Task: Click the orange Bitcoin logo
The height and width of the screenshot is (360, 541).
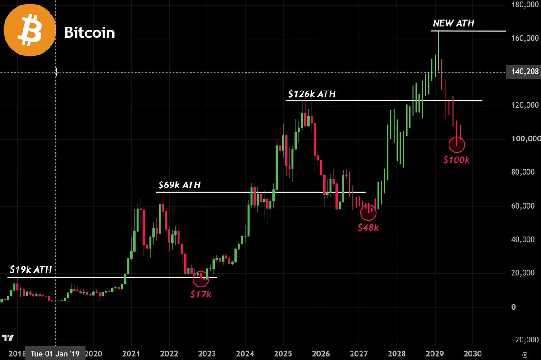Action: pyautogui.click(x=30, y=30)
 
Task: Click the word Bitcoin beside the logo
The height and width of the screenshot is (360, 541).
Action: pyautogui.click(x=89, y=32)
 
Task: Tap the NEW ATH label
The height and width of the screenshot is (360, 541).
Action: pyautogui.click(x=454, y=23)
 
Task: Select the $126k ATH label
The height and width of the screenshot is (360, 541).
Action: pyautogui.click(x=312, y=94)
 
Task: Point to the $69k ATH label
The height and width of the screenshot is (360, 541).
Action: pyautogui.click(x=179, y=185)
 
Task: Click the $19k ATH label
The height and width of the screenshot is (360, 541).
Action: pyautogui.click(x=31, y=269)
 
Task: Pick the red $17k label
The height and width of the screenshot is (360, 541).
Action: pyautogui.click(x=201, y=294)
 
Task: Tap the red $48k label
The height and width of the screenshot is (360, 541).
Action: pyautogui.click(x=368, y=227)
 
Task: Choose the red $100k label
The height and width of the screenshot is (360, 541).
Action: pyautogui.click(x=456, y=160)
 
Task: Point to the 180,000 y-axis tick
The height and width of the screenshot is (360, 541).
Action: pyautogui.click(x=525, y=5)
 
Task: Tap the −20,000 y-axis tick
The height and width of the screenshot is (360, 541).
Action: pyautogui.click(x=525, y=340)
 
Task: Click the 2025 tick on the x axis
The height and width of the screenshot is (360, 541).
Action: pyautogui.click(x=283, y=354)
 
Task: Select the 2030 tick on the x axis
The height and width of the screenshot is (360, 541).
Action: pyautogui.click(x=472, y=354)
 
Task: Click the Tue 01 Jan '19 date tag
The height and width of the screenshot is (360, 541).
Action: pyautogui.click(x=55, y=354)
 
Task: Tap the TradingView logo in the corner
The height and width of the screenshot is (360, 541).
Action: pyautogui.click(x=8, y=337)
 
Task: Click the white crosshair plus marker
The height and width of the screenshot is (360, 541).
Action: pyautogui.click(x=56, y=72)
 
